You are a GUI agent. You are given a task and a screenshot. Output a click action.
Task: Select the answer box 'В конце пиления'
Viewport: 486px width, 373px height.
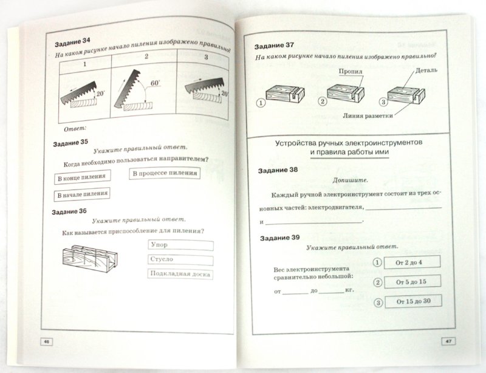tap(81, 178)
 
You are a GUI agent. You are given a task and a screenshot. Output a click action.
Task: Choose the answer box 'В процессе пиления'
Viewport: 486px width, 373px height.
tap(165, 174)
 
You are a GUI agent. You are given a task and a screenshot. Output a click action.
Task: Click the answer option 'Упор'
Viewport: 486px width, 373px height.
tap(180, 245)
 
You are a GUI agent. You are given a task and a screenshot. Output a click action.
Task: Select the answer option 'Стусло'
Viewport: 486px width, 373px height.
tap(180, 260)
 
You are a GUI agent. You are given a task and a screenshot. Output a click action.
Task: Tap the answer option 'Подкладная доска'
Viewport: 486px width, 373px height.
tap(180, 275)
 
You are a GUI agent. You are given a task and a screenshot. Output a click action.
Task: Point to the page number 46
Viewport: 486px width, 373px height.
tap(45, 341)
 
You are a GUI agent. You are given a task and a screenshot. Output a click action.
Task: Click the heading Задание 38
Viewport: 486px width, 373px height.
tap(276, 171)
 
